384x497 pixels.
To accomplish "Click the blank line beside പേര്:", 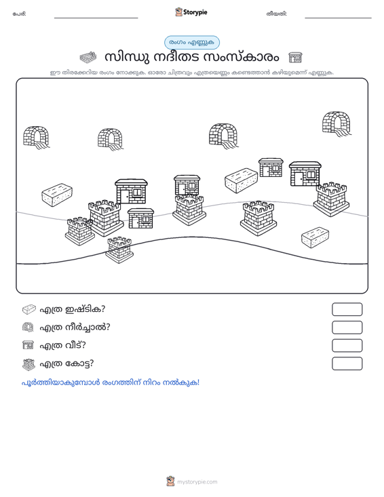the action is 96,18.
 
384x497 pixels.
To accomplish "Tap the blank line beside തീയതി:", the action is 338,18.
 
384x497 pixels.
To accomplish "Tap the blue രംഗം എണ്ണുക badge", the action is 192,43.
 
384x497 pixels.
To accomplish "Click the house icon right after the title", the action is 295,58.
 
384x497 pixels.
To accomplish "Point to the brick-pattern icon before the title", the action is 88,58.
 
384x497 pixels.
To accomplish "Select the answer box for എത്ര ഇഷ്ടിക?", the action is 347,309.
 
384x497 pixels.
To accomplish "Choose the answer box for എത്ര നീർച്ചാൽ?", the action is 347,327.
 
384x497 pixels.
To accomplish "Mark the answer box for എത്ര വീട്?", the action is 347,346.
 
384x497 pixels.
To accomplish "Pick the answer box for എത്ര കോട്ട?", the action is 347,363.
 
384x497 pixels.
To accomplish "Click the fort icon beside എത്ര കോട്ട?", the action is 28,364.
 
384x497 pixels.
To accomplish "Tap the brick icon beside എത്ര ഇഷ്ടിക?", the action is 29,309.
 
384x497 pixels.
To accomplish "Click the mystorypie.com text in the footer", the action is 197,482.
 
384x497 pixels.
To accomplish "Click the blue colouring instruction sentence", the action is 111,382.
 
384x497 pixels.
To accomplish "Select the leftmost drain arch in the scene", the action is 36,138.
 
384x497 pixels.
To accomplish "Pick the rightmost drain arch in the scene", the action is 337,124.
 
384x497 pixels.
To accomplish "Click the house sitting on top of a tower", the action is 187,185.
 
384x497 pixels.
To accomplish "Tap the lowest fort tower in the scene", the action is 119,250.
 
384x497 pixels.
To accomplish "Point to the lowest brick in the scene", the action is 315,237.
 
